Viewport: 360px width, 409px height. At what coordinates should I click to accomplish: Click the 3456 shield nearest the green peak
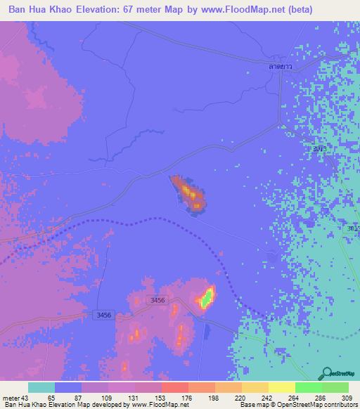157,300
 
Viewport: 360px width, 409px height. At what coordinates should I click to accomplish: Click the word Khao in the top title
58,10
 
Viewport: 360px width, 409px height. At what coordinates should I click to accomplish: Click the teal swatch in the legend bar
41,387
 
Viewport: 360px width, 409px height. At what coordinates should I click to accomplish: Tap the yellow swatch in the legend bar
281,387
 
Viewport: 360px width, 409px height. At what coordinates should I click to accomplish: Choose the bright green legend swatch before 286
308,387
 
